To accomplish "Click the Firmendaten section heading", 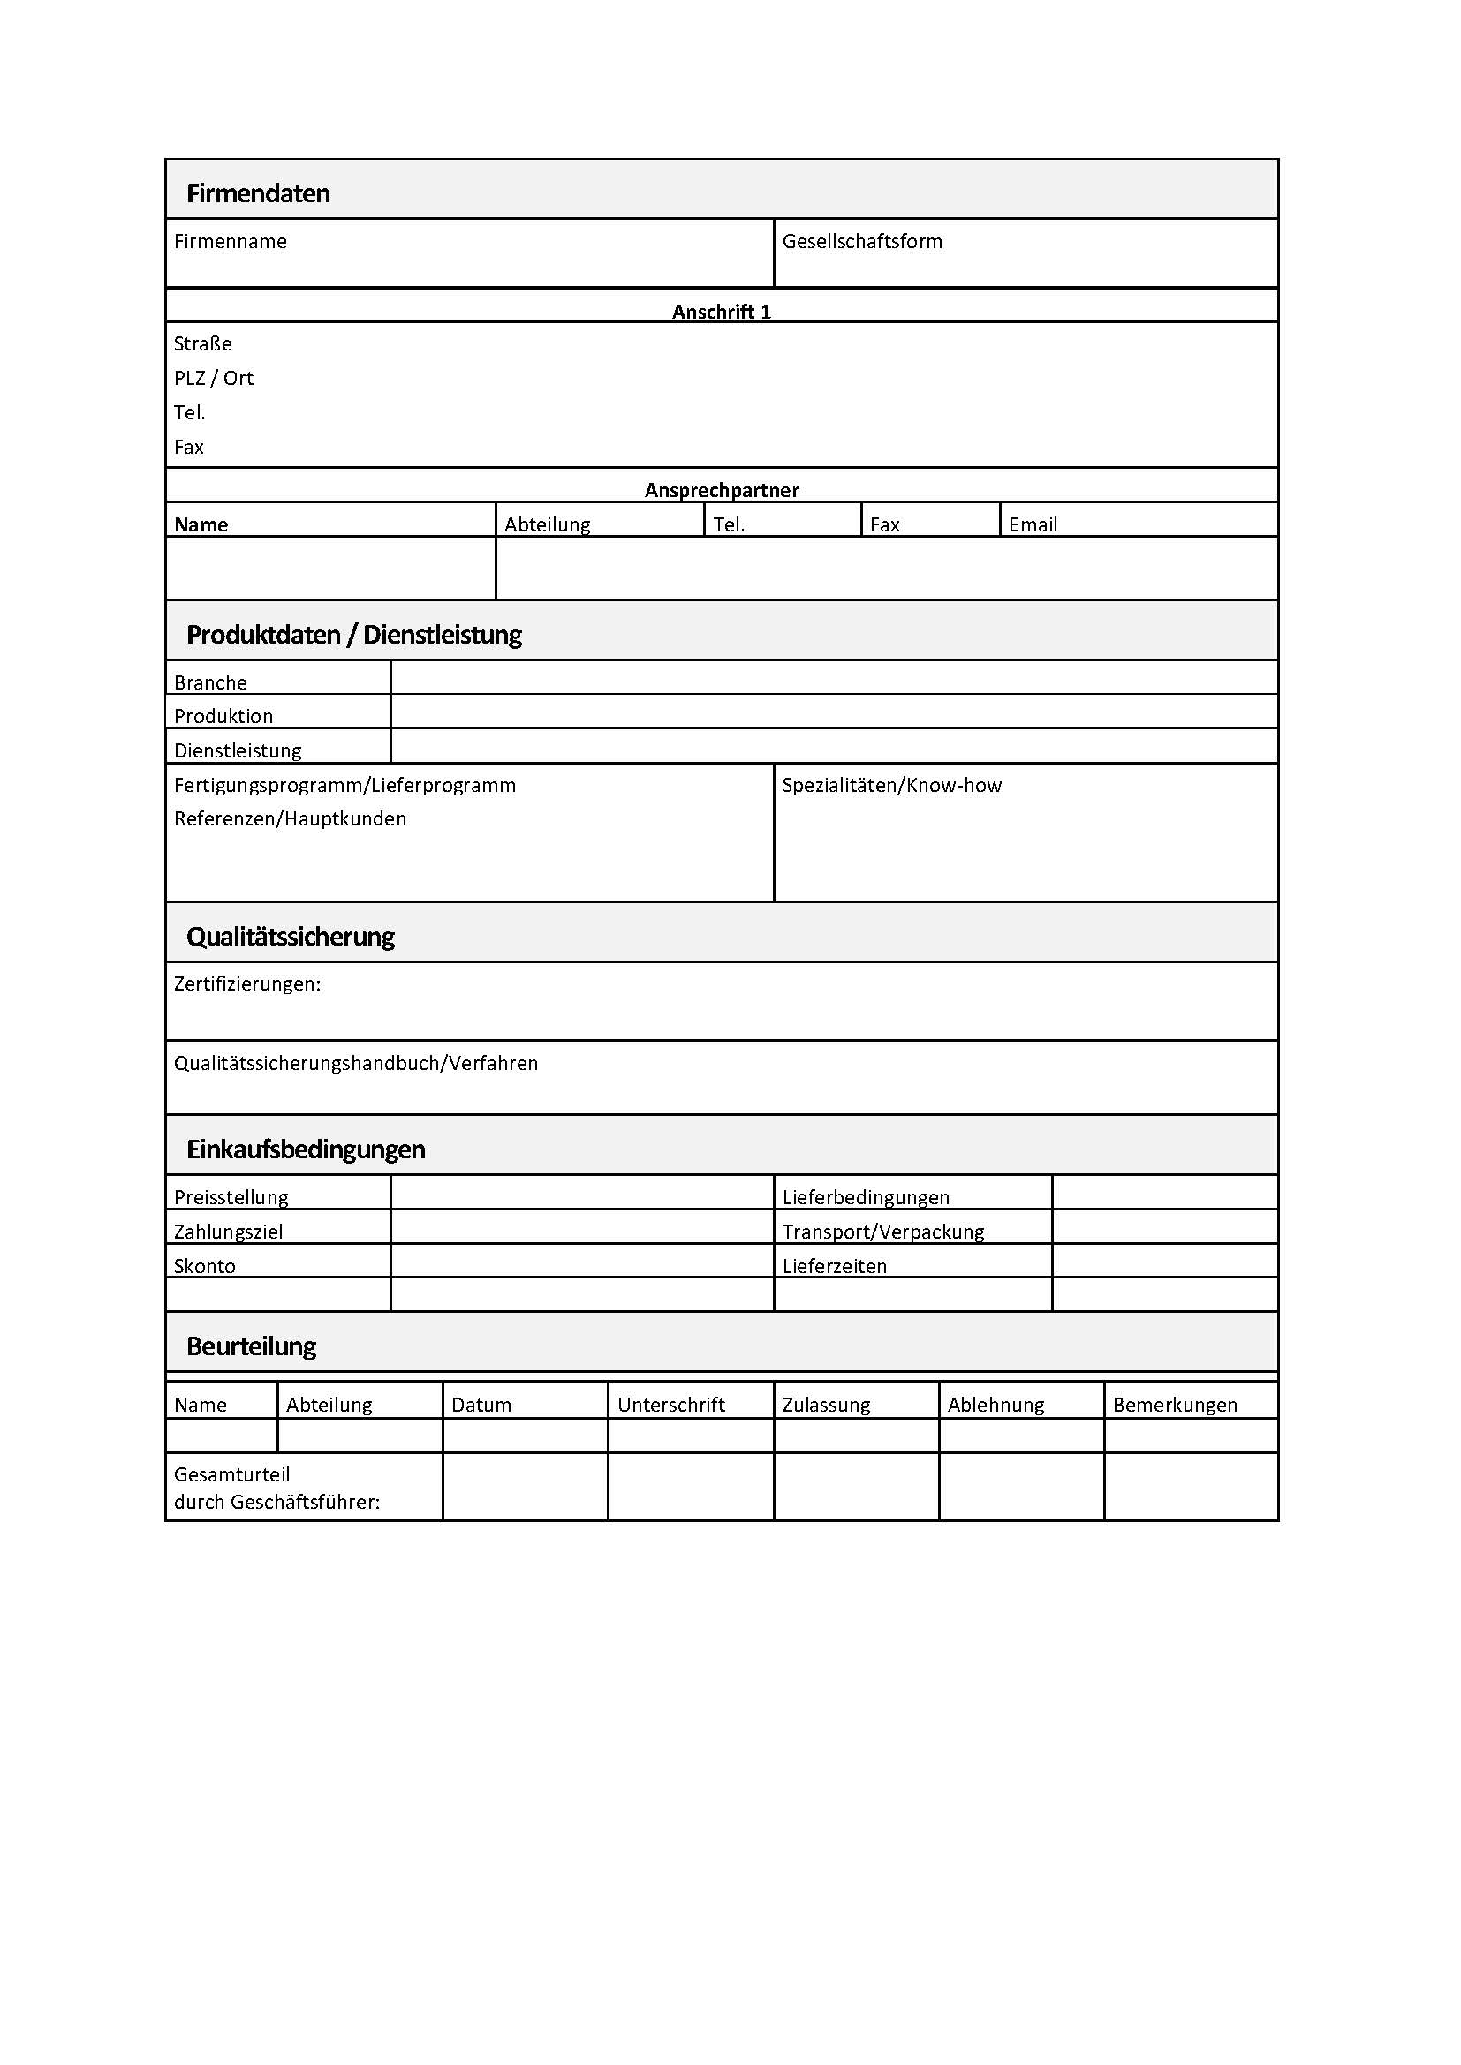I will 258,193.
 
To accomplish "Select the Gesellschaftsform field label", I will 862,241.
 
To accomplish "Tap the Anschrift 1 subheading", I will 722,311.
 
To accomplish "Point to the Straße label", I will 203,343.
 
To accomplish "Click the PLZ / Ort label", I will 214,378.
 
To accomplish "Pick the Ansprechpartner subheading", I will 722,490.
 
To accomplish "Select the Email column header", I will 1033,524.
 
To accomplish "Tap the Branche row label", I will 210,682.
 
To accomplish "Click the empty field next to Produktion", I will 833,712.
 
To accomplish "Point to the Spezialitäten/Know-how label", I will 891,785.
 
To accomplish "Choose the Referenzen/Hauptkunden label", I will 290,818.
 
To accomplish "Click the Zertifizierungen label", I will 247,984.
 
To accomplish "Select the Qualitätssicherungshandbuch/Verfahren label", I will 355,1063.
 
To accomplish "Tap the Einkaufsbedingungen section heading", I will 306,1149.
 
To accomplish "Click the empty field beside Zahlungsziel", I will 581,1228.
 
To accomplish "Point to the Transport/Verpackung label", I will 882,1232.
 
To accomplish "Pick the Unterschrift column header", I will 671,1405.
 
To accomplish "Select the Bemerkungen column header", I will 1175,1405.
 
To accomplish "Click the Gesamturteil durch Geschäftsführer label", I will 277,1488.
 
